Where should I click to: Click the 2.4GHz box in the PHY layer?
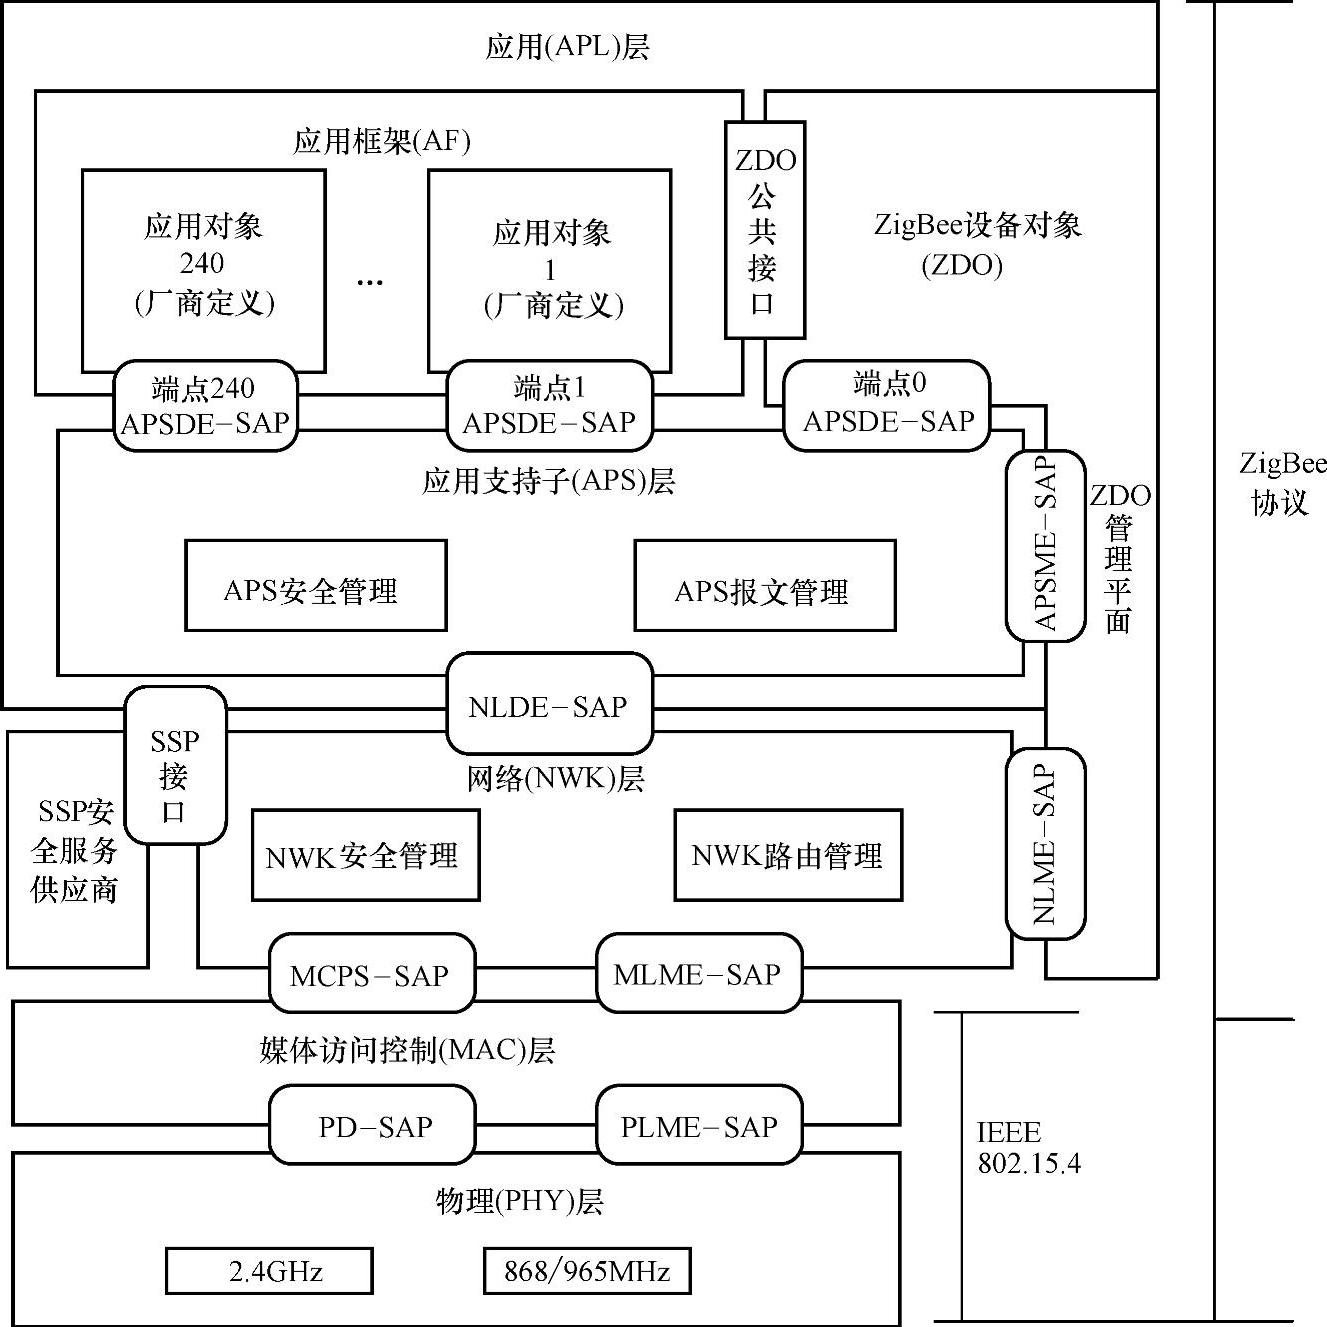pyautogui.click(x=269, y=1271)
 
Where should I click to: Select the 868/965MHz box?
pyautogui.click(x=587, y=1271)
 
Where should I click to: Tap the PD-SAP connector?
pyautogui.click(x=373, y=1127)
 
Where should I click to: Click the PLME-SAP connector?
pyautogui.click(x=699, y=1127)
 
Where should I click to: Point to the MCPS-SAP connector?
pyautogui.click(x=371, y=975)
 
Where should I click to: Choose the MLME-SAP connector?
pyautogui.click(x=698, y=974)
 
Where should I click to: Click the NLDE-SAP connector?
pyautogui.click(x=548, y=706)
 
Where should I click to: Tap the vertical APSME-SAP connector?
pyautogui.click(x=1044, y=545)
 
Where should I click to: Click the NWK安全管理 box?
pyautogui.click(x=364, y=855)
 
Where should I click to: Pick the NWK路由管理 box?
pyautogui.click(x=788, y=855)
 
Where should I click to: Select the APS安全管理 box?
pyautogui.click(x=315, y=587)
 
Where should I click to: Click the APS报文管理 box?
pyautogui.click(x=764, y=587)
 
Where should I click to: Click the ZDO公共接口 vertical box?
pyautogui.click(x=764, y=230)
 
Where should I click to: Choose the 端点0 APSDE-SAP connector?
pyautogui.click(x=887, y=403)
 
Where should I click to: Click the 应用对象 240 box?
pyautogui.click(x=203, y=266)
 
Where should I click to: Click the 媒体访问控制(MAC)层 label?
pyautogui.click(x=407, y=1050)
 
